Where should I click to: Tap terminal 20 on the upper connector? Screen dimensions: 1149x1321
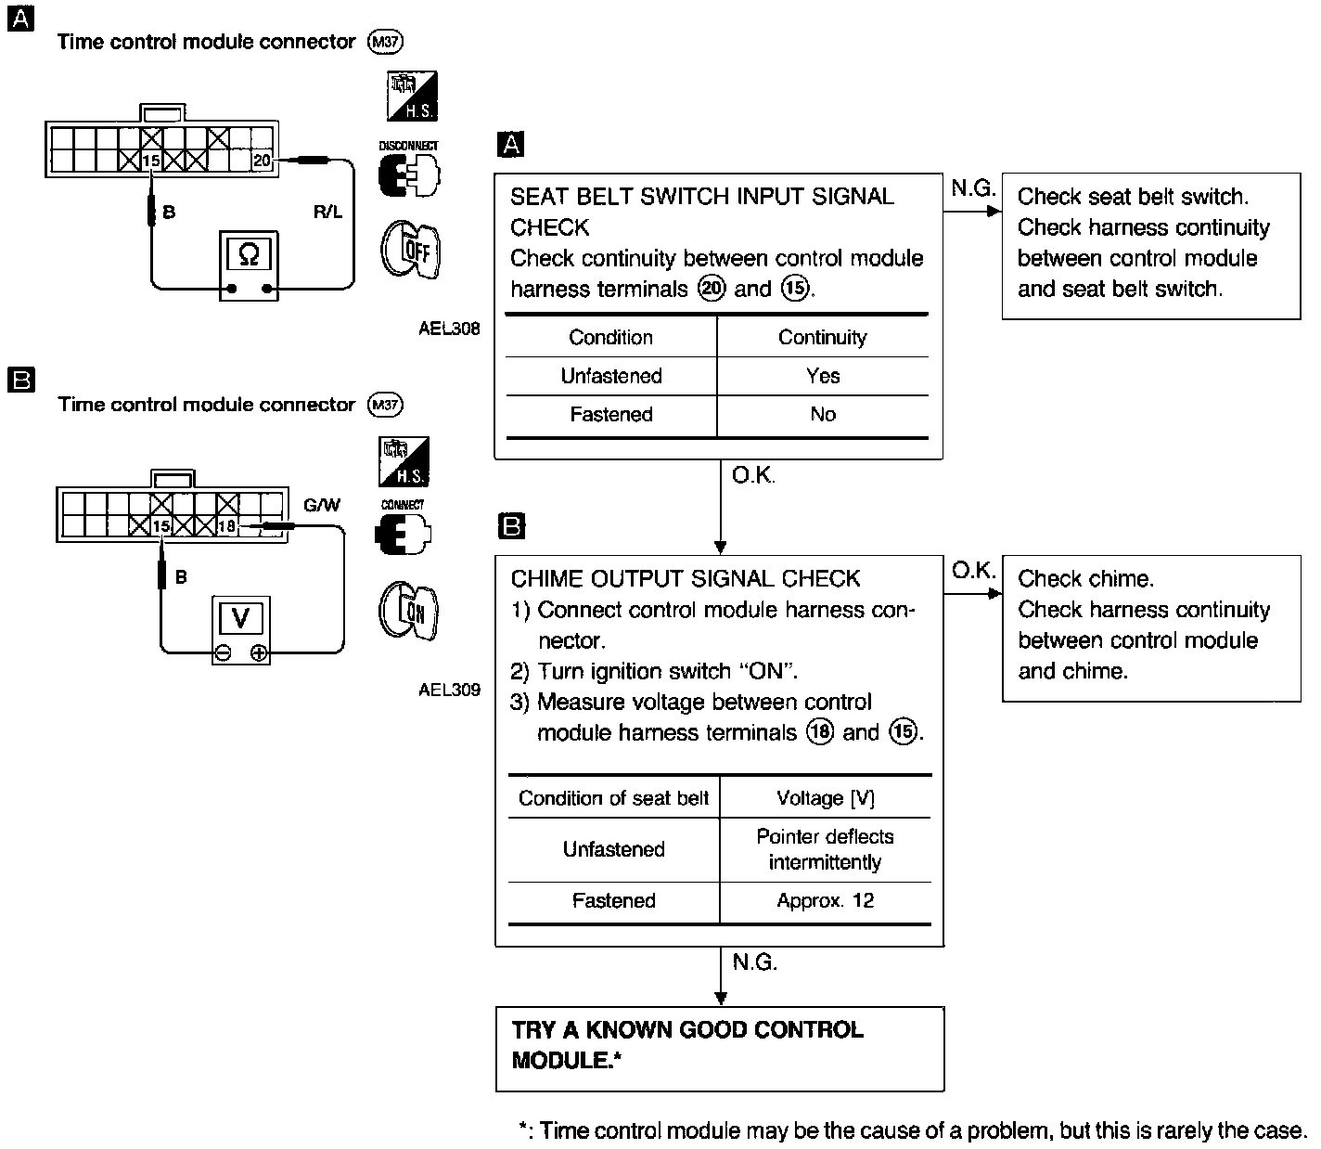[262, 161]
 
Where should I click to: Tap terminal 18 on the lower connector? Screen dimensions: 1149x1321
[226, 526]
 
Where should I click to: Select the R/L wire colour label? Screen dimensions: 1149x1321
[327, 213]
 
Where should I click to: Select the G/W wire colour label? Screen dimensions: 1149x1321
[322, 506]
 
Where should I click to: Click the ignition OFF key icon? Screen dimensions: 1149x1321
[409, 250]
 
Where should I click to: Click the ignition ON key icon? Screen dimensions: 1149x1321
[408, 612]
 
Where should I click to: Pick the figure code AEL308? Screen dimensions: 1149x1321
[449, 328]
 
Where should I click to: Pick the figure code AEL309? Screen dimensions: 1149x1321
[449, 690]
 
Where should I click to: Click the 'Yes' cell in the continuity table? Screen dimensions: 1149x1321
[823, 376]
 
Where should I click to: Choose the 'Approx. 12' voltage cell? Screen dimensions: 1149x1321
[826, 900]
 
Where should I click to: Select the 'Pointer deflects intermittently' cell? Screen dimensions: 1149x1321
[826, 849]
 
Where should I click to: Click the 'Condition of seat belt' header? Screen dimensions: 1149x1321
[613, 798]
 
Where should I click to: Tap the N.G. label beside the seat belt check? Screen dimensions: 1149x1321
[972, 188]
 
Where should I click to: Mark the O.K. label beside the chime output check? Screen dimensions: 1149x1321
[973, 570]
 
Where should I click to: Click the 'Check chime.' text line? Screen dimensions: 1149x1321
[1085, 579]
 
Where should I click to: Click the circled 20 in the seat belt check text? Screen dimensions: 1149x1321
[712, 289]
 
